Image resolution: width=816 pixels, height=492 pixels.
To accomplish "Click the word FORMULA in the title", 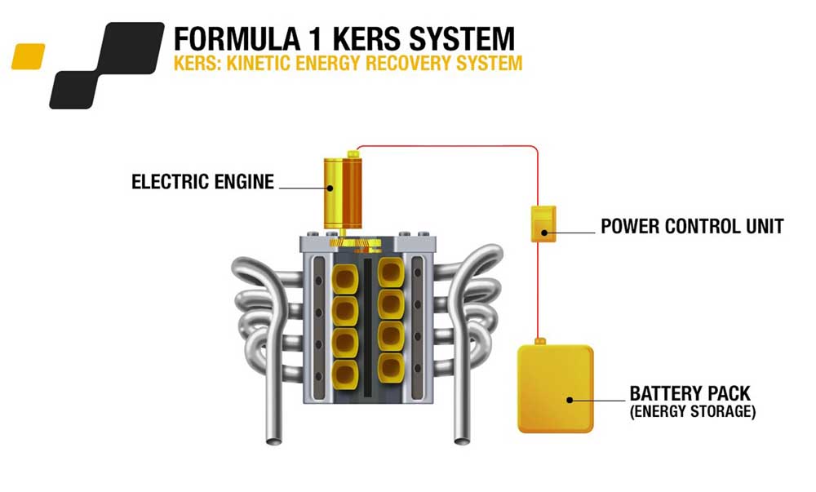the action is (237, 39).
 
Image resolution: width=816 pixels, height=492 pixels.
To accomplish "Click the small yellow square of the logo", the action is (28, 56).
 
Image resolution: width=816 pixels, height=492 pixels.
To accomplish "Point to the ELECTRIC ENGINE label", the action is (202, 182).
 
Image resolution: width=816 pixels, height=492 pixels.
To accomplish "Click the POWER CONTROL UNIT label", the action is (692, 226).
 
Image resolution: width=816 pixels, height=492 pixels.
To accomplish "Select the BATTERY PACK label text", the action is (690, 393).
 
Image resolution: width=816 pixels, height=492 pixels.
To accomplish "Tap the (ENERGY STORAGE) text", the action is (693, 411).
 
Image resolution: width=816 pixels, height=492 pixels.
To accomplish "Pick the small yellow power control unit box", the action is (543, 224).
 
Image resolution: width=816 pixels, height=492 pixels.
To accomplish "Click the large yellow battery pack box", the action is (555, 388).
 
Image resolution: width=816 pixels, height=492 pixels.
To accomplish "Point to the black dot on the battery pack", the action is (570, 400).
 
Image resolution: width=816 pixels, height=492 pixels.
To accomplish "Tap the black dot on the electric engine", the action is (330, 188).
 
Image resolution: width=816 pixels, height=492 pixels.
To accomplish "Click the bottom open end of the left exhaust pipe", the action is (273, 441).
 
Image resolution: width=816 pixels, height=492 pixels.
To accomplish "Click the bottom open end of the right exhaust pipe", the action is (462, 441).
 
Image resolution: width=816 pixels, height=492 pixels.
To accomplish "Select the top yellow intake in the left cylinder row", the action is (344, 279).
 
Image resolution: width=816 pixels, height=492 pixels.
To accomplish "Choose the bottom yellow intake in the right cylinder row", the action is (392, 368).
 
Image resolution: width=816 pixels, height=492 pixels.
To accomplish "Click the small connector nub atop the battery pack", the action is (539, 342).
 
